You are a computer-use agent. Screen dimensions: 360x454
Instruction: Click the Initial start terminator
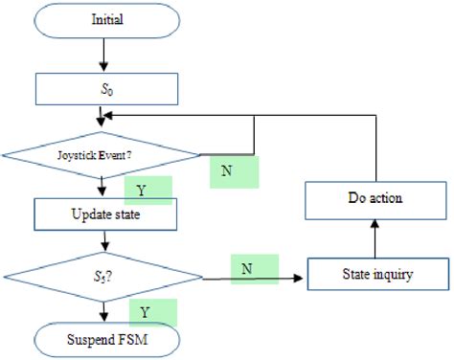[x=105, y=19]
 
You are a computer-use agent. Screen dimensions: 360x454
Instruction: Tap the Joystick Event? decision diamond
[x=101, y=153]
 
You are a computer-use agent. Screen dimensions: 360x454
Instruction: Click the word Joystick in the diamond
[x=85, y=153]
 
